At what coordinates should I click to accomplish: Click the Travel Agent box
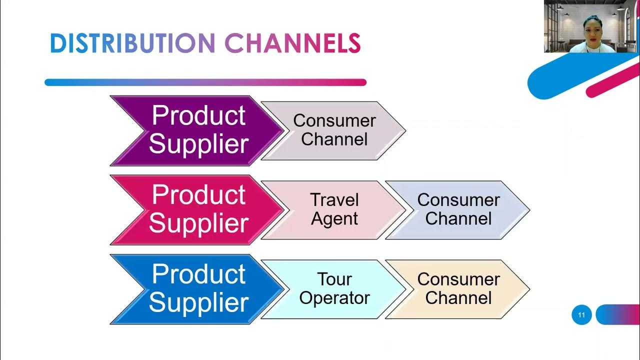point(334,209)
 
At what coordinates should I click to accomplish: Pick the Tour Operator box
point(334,289)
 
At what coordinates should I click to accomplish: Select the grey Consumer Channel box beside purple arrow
point(334,130)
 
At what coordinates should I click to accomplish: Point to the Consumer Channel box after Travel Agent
point(457,209)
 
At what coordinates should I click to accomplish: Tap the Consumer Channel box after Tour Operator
point(457,289)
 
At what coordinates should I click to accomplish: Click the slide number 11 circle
point(581,315)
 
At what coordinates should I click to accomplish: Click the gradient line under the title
point(205,82)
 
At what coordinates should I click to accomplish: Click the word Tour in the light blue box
point(334,279)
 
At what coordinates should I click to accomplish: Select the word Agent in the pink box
point(334,219)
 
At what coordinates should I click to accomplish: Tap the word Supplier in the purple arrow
point(198,144)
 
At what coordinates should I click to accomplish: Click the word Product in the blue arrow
point(198,274)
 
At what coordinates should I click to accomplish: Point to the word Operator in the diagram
point(334,298)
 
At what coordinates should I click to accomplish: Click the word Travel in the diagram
point(334,200)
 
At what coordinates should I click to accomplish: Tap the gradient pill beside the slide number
point(617,315)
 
